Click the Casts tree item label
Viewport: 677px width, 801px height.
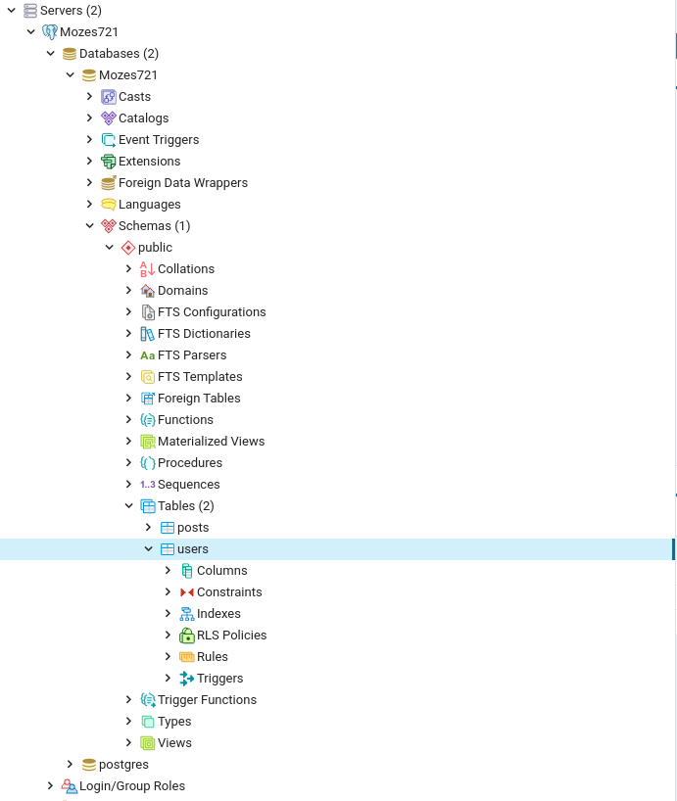pyautogui.click(x=134, y=97)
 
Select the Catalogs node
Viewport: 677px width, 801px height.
pyautogui.click(x=143, y=118)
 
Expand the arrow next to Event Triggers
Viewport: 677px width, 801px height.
pyautogui.click(x=89, y=140)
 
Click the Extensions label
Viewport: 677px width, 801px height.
pyautogui.click(x=149, y=162)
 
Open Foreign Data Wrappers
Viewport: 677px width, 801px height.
pyautogui.click(x=182, y=183)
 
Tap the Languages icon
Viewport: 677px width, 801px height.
pyautogui.click(x=109, y=205)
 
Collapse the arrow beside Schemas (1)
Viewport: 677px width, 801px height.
pyautogui.click(x=89, y=226)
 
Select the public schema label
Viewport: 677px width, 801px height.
pyautogui.click(x=155, y=248)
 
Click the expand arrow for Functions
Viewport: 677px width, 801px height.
pyautogui.click(x=128, y=420)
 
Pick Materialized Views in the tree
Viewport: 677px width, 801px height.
pyautogui.click(x=211, y=442)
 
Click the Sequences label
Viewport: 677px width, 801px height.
pyautogui.click(x=188, y=485)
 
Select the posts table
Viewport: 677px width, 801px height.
pyautogui.click(x=193, y=528)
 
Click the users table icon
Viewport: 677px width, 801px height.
pyautogui.click(x=168, y=549)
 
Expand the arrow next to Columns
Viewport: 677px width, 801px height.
pyautogui.click(x=168, y=571)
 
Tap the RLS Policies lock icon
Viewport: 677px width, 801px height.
pyautogui.click(x=187, y=636)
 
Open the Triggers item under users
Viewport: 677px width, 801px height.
pyautogui.click(x=219, y=679)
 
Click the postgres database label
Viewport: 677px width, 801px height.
pyautogui.click(x=123, y=765)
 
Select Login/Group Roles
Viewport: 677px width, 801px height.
pyautogui.click(x=131, y=786)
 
